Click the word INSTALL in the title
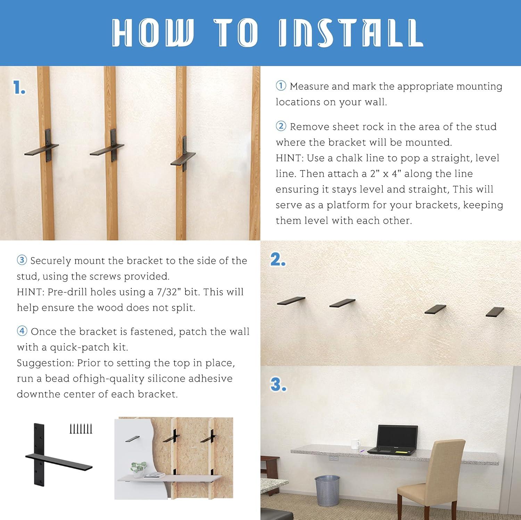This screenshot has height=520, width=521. pyautogui.click(x=351, y=33)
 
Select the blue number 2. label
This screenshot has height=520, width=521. pyautogui.click(x=278, y=260)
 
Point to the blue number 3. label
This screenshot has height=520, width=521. pyautogui.click(x=278, y=384)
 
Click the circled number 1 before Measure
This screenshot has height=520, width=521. pyautogui.click(x=281, y=86)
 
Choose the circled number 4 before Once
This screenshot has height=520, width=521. pyautogui.click(x=22, y=331)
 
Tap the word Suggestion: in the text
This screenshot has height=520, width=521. pyautogui.click(x=45, y=363)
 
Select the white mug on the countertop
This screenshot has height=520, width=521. pyautogui.click(x=355, y=444)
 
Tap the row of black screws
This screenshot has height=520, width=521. pyautogui.click(x=81, y=429)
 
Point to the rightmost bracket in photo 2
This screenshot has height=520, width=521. pyautogui.click(x=495, y=311)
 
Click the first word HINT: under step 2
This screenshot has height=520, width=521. pyautogui.click(x=289, y=158)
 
